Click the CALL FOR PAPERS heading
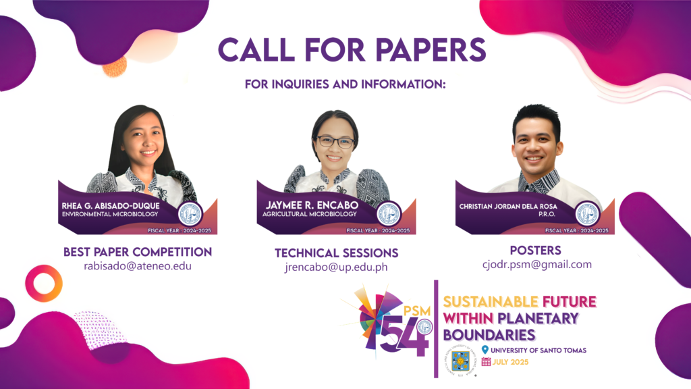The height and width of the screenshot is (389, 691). tap(352, 51)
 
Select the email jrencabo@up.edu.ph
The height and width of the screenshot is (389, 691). tap(336, 268)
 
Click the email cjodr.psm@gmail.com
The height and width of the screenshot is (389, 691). tap(537, 264)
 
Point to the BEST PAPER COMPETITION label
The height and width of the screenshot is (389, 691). tap(138, 252)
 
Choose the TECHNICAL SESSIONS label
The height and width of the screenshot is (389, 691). tap(336, 253)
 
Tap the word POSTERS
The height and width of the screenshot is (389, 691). tap(536, 250)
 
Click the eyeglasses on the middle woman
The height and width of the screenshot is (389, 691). tap(335, 142)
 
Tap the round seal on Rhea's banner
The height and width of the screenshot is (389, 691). tap(191, 213)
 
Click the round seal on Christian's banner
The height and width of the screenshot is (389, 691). tap(588, 213)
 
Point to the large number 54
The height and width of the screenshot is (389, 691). tap(404, 334)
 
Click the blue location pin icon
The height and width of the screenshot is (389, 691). tap(485, 349)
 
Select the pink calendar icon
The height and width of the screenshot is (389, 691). tap(486, 361)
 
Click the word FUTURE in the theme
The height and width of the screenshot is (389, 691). tap(568, 301)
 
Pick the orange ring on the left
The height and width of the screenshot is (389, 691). tap(45, 283)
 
